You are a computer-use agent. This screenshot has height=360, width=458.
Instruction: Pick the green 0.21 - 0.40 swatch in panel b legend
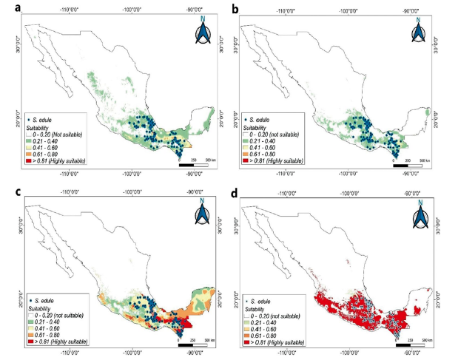246,140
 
